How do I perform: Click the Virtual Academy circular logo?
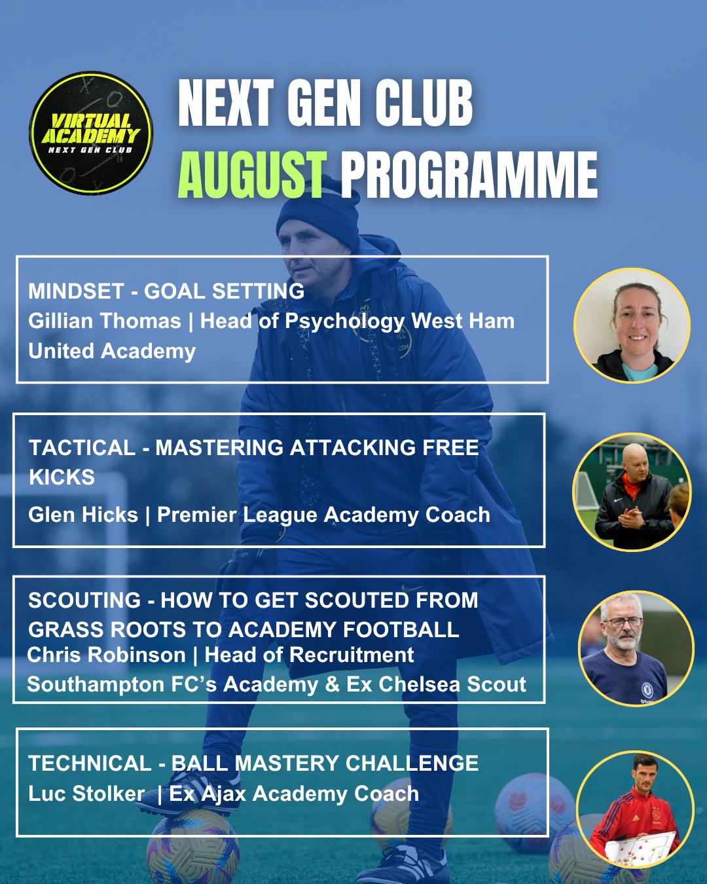91,133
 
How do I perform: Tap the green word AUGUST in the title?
252,175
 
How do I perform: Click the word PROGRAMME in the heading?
469,175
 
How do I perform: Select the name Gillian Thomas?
104,321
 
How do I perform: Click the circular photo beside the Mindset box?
632,325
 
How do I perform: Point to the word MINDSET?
76,291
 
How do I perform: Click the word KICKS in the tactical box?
62,477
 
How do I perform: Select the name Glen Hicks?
83,515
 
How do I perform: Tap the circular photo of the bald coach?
632,492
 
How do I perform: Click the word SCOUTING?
84,600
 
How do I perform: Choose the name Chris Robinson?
107,655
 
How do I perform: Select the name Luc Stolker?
86,793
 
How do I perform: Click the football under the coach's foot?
193,847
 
